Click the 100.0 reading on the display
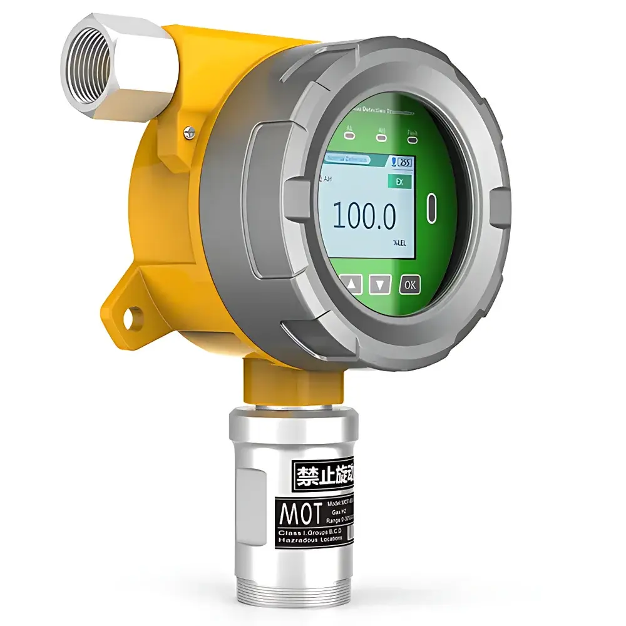pos(364,217)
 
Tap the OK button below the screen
pos(410,285)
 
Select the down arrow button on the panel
pos(379,285)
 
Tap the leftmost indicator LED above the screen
pos(347,135)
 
